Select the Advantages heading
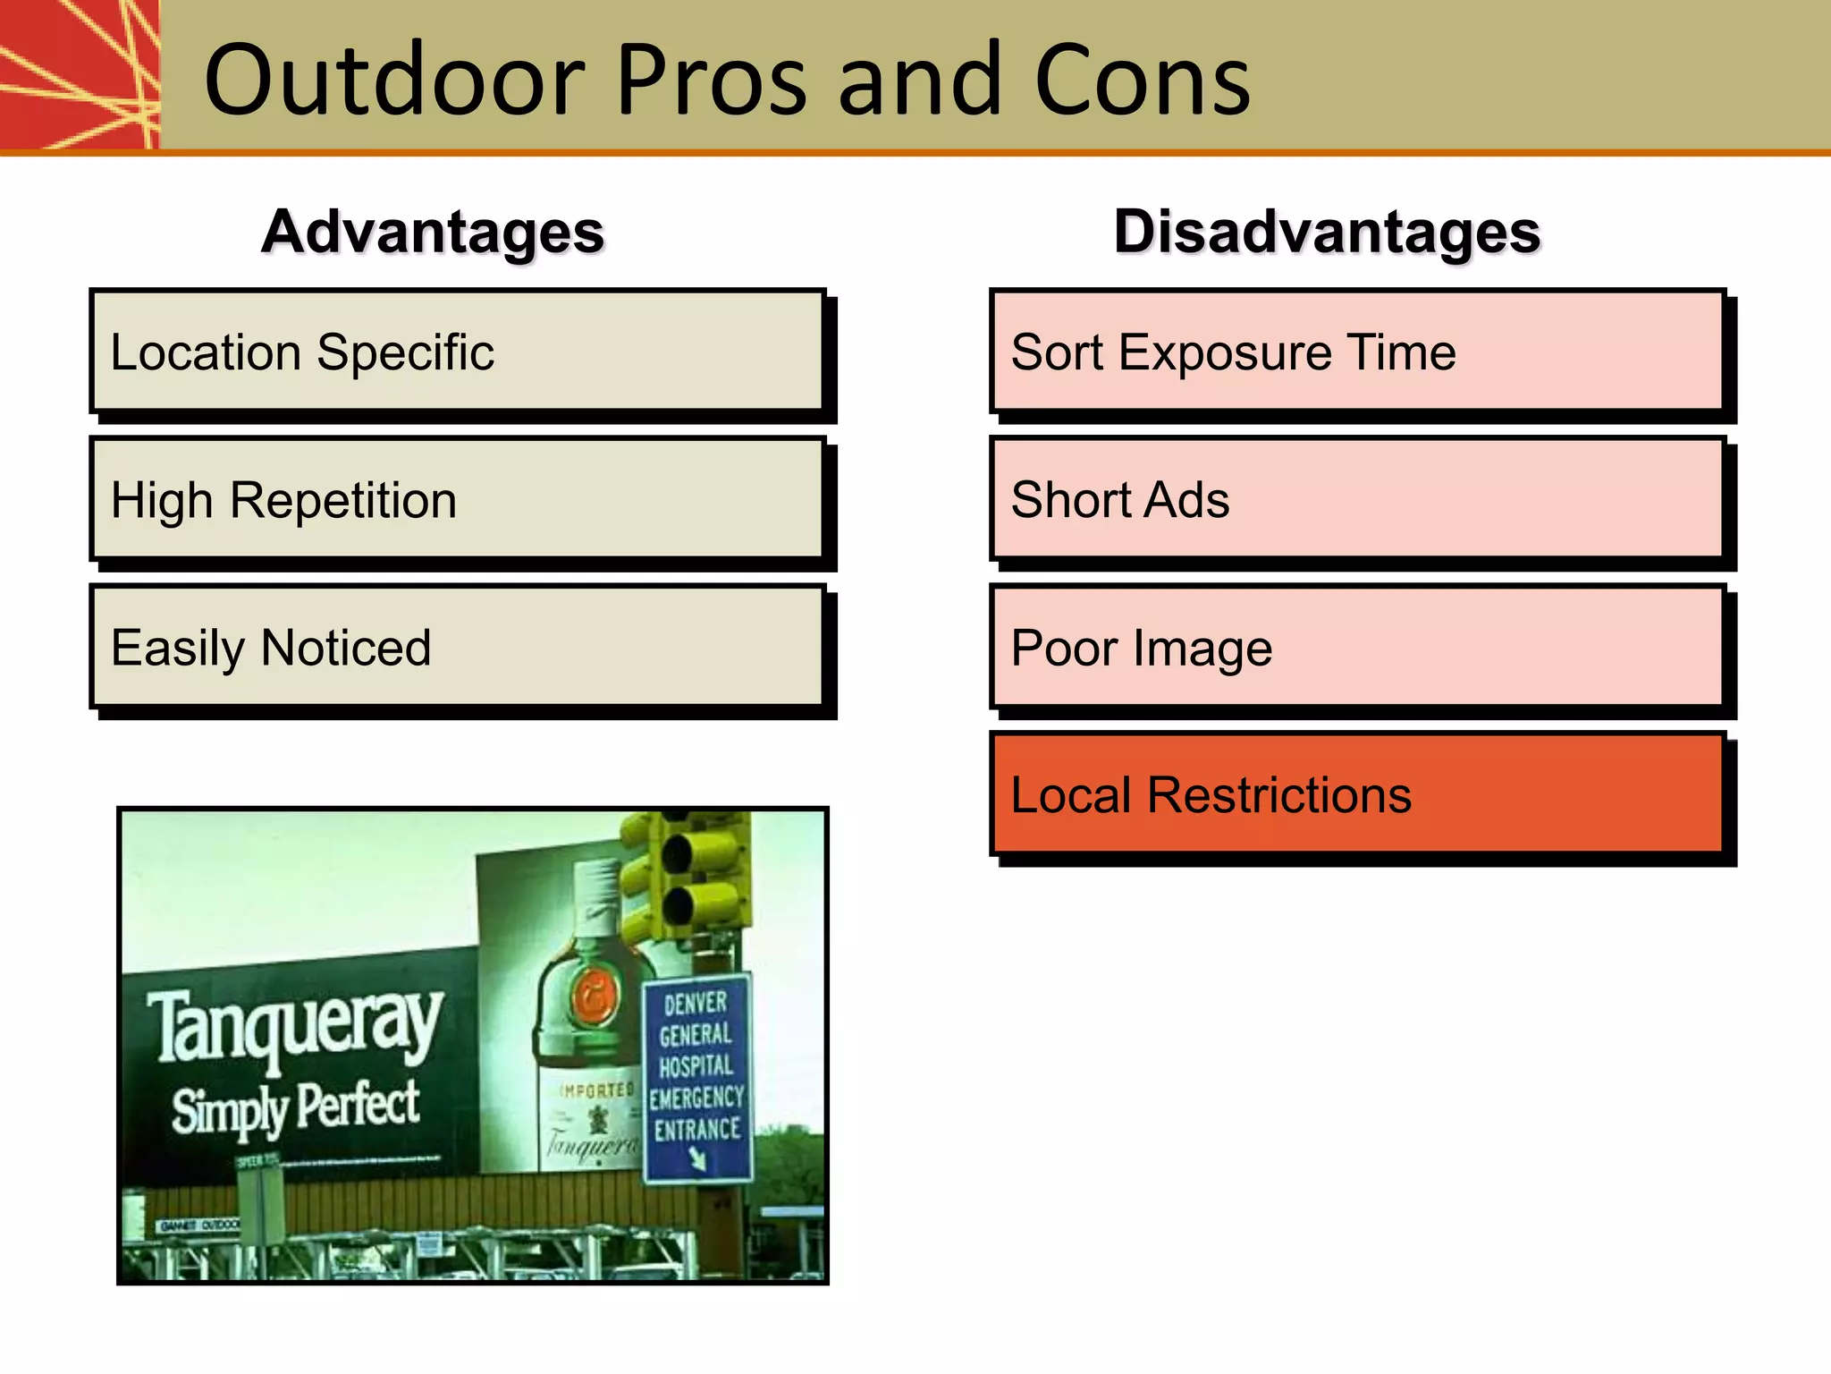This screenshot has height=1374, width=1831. click(433, 233)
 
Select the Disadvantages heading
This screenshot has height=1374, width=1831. click(1327, 233)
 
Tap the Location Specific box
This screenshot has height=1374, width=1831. click(457, 352)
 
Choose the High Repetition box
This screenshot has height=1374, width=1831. click(457, 499)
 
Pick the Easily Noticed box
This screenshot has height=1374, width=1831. click(457, 647)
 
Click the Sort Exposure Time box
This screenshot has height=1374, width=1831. click(1357, 352)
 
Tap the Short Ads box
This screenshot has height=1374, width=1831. click(1357, 499)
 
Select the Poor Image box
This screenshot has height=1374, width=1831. click(1357, 647)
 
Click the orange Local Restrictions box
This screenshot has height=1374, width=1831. click(1357, 794)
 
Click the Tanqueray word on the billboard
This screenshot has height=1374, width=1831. click(295, 1024)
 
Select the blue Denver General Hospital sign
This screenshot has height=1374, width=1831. click(697, 1078)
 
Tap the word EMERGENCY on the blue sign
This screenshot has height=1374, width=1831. click(697, 1098)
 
